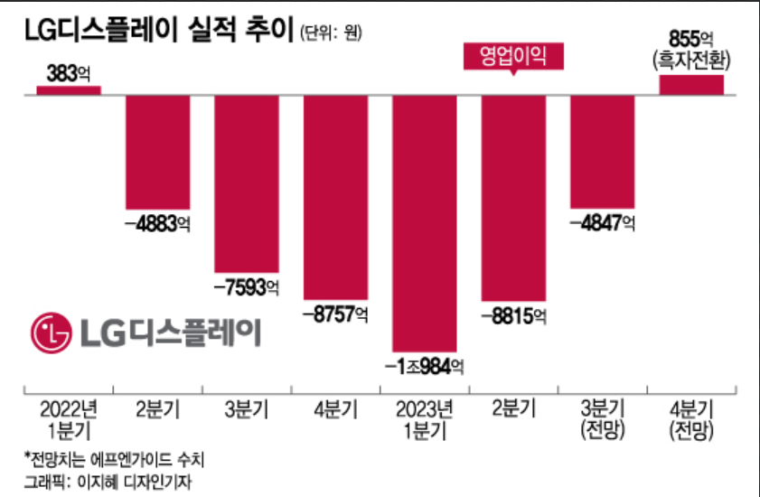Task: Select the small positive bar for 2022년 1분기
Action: pyautogui.click(x=69, y=89)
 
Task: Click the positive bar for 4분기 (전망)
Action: pyautogui.click(x=691, y=84)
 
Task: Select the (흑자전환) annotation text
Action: pyautogui.click(x=692, y=61)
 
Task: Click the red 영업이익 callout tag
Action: pyautogui.click(x=513, y=57)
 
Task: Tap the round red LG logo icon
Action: pyautogui.click(x=52, y=333)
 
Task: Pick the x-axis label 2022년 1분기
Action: pyautogui.click(x=69, y=419)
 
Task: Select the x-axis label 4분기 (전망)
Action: pyautogui.click(x=692, y=419)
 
